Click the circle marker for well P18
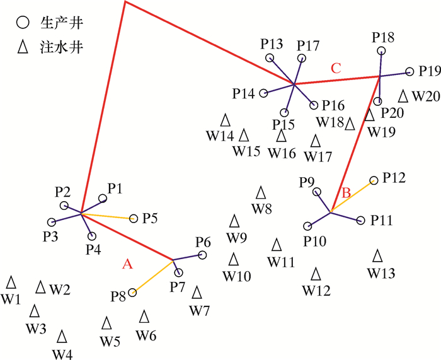(381, 52)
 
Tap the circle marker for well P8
(132, 293)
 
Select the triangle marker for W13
(377, 255)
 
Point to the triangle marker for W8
(261, 192)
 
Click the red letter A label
(127, 265)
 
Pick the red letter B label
(345, 192)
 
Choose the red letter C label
(336, 69)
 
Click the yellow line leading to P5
(108, 217)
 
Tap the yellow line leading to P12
(353, 196)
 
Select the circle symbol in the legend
(23, 23)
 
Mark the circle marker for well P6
(202, 255)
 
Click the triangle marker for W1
(11, 282)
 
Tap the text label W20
(426, 97)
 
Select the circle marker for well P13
(270, 58)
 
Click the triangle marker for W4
(62, 336)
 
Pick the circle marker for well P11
(360, 221)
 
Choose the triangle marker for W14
(225, 119)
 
